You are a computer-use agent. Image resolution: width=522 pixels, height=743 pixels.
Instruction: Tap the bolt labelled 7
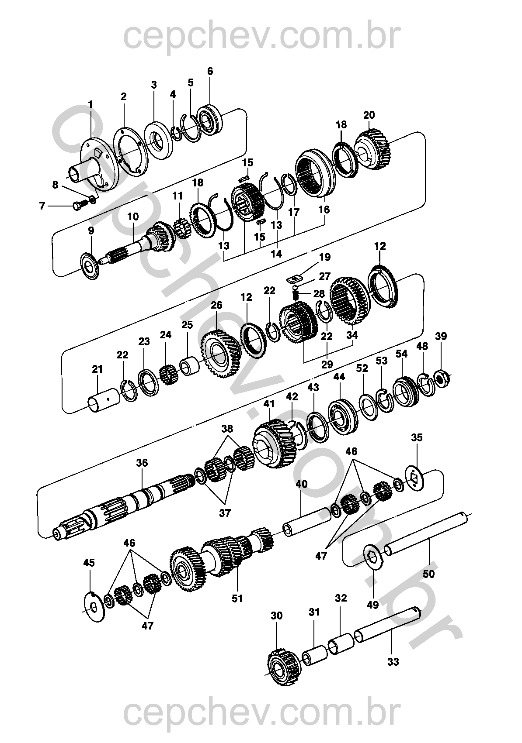point(79,206)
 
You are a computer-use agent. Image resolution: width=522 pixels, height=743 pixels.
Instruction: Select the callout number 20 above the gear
point(369,115)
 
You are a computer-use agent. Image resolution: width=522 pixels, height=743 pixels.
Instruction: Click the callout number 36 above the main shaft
point(142,463)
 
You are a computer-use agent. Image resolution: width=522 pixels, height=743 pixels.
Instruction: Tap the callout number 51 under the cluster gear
point(237,599)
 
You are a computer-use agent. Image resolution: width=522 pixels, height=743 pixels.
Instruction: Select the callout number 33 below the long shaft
point(393,662)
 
